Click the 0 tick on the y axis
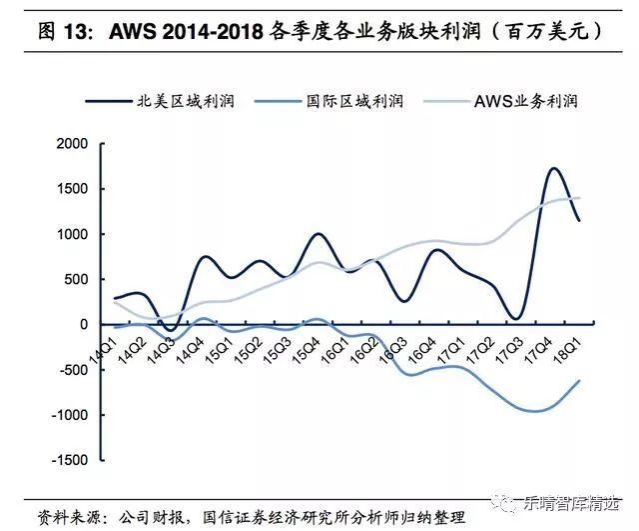point(84,325)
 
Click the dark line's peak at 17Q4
point(553,168)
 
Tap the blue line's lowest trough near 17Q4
point(534,411)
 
